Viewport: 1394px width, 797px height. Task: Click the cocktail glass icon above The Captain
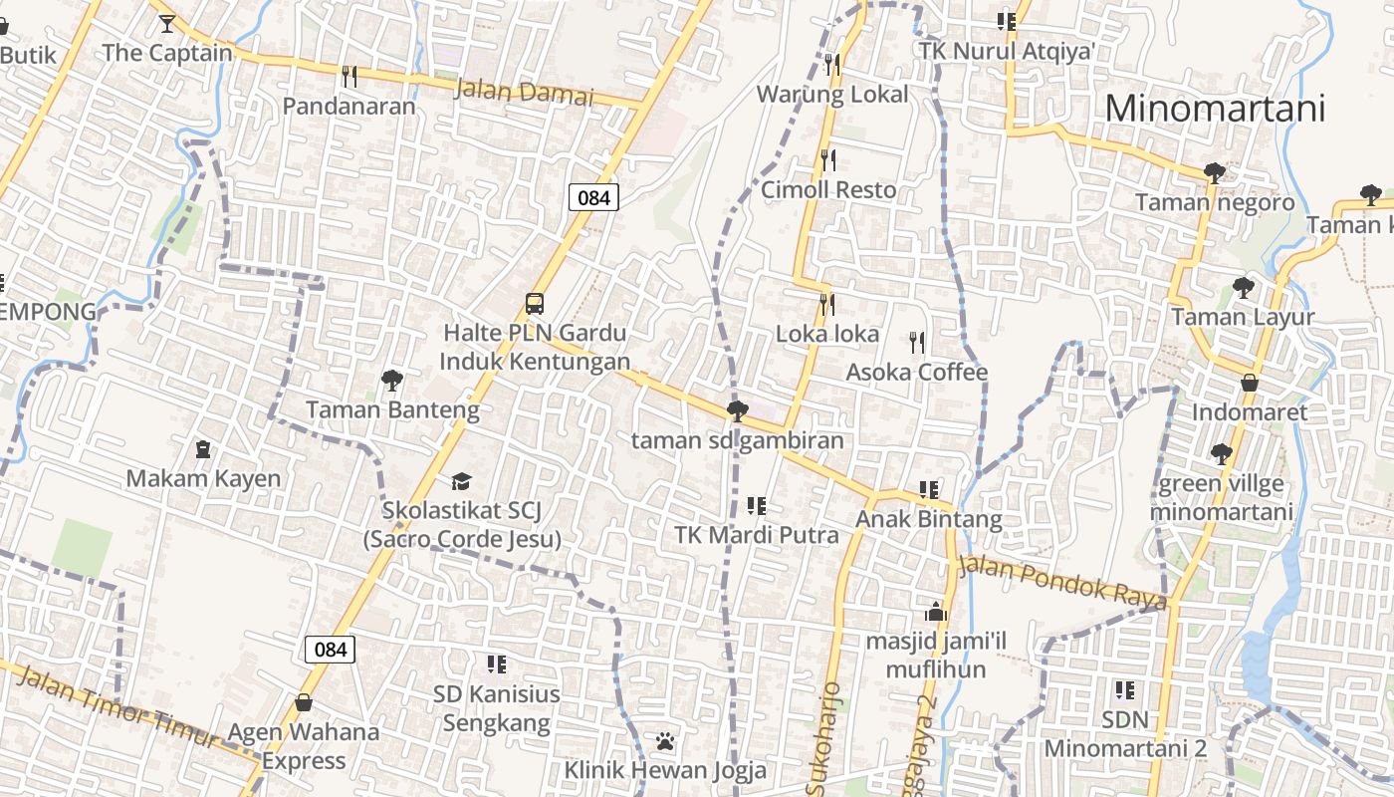tap(166, 23)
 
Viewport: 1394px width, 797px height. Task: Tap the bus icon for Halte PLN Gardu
tap(535, 303)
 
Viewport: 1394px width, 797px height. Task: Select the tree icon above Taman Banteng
tap(391, 380)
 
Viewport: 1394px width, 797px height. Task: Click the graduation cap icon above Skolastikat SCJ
tap(460, 482)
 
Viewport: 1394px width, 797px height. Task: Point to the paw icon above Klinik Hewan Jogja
tap(665, 741)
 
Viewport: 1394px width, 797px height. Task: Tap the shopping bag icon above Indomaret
tap(1249, 383)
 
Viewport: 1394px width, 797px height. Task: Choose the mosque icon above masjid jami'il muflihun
tap(935, 611)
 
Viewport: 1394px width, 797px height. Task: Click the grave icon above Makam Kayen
tap(203, 449)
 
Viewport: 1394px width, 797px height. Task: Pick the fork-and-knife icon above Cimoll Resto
tap(828, 159)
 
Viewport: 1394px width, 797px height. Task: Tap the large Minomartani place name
tap(1215, 108)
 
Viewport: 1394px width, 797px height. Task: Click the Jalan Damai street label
tap(523, 93)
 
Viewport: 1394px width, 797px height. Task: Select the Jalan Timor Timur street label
tap(116, 708)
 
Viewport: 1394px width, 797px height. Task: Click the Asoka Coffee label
tap(916, 373)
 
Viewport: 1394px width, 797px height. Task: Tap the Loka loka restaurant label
tap(827, 334)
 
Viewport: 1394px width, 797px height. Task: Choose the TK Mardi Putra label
tap(757, 535)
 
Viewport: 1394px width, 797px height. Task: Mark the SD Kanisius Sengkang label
tap(496, 707)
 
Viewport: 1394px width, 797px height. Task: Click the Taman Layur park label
tap(1243, 317)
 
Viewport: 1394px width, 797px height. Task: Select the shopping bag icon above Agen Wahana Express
tap(304, 702)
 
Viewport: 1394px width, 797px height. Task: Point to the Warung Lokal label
tap(832, 95)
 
